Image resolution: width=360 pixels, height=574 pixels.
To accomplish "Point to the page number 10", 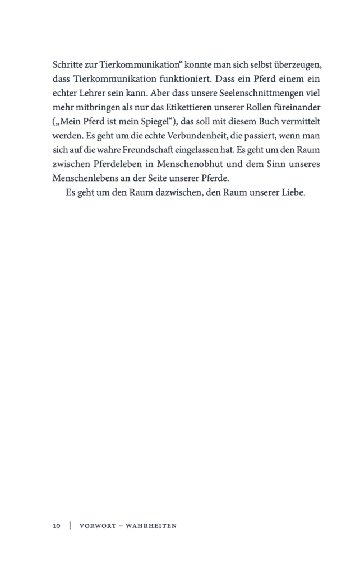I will point(56,526).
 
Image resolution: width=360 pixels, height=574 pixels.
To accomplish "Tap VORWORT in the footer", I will point(99,526).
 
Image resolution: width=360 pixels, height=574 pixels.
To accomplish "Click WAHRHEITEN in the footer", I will point(151,526).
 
